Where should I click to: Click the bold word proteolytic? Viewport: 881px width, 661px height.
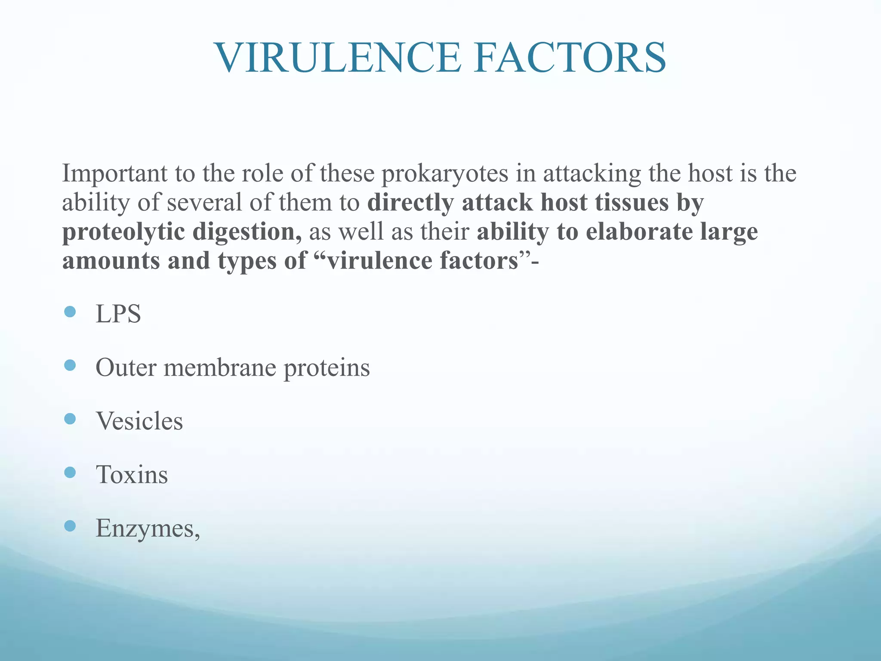pyautogui.click(x=123, y=232)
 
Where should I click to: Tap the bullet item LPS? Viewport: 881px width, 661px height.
pyautogui.click(x=118, y=314)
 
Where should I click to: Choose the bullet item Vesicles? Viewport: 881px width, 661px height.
pyautogui.click(x=139, y=421)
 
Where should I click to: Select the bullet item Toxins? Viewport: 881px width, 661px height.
pyautogui.click(x=132, y=475)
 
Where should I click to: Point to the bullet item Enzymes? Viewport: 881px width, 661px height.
pyautogui.click(x=147, y=528)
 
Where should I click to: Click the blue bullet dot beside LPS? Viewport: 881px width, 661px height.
pyautogui.click(x=70, y=312)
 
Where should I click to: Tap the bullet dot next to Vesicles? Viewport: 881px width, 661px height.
pyautogui.click(x=70, y=419)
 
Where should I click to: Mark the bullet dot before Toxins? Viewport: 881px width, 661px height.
pyautogui.click(x=70, y=473)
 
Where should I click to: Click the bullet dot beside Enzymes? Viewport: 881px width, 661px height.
pyautogui.click(x=70, y=525)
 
